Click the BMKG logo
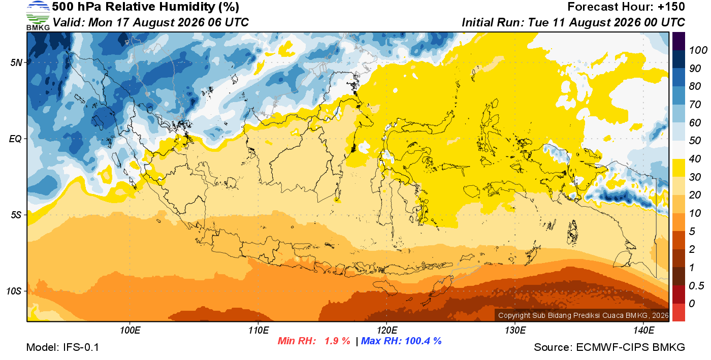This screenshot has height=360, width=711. pos(38,15)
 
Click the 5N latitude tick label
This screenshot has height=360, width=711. pos(16,62)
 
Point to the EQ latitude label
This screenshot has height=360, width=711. pos(16,139)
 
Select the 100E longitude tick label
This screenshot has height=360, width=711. pos(130,330)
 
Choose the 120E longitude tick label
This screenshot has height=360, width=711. pos(386,330)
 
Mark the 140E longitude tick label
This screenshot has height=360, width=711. pos(644,330)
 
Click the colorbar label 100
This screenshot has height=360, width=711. pos(698,50)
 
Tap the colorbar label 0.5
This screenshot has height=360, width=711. pos(696,286)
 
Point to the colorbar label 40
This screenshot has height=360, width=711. pos(695,159)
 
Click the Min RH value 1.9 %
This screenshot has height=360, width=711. pos(337,341)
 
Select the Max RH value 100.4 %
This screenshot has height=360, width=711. pos(423,341)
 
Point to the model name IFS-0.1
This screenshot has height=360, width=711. pos(81,347)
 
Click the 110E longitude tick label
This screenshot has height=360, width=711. pos(258,330)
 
